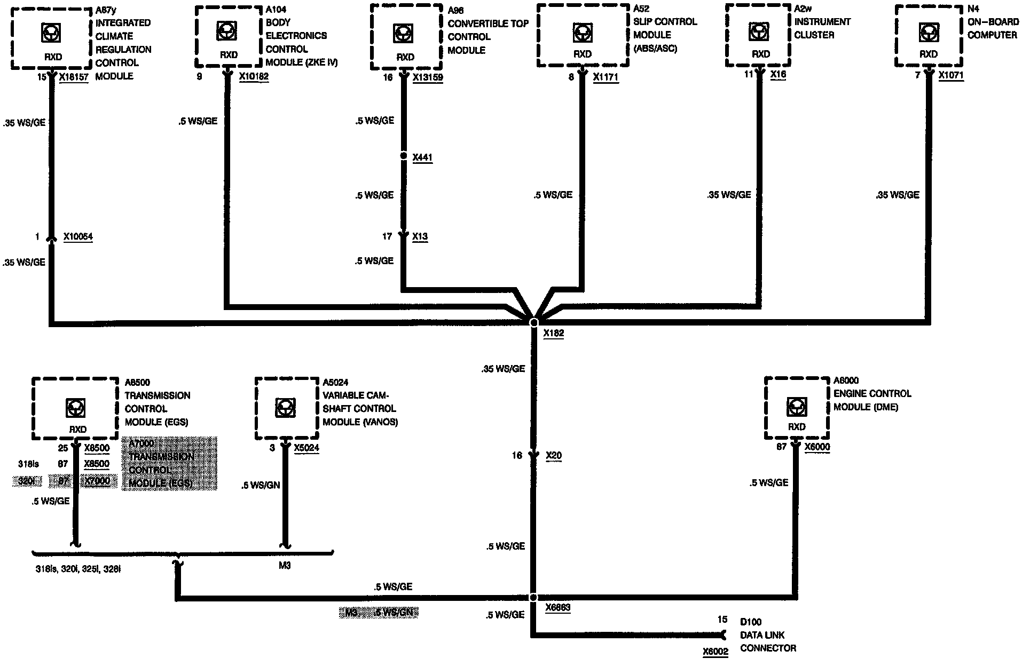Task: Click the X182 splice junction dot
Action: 533,322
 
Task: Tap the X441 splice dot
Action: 403,156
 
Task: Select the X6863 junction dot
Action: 533,597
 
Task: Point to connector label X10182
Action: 254,77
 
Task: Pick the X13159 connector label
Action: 428,77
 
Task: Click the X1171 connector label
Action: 606,77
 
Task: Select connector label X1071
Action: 951,75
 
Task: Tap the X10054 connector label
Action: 78,236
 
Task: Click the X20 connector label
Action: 554,456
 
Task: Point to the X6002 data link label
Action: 716,652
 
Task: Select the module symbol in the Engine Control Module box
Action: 796,408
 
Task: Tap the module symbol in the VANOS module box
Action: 283,408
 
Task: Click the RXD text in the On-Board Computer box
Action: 928,54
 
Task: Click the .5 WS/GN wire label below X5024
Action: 261,485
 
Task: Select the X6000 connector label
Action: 817,447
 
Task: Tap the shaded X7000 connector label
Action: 97,481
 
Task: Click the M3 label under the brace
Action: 285,566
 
